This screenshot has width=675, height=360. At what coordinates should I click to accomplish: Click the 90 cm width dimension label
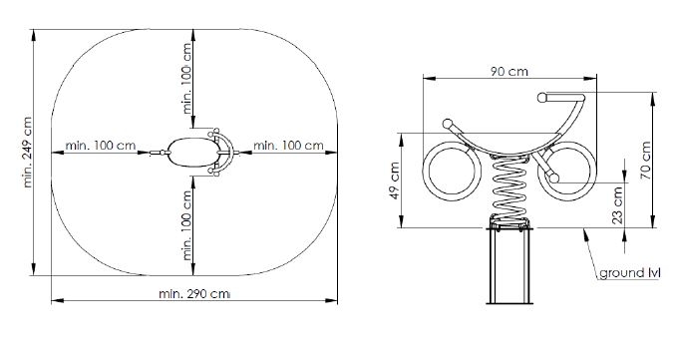[x=509, y=71]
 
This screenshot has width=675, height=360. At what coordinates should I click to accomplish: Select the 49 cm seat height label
[x=394, y=180]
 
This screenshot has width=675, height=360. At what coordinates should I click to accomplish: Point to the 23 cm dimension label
[x=617, y=204]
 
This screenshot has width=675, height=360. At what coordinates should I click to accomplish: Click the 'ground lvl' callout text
[x=629, y=273]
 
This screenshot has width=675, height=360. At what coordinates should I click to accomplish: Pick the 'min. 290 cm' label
[x=194, y=294]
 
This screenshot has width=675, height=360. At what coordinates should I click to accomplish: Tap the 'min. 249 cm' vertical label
[x=27, y=152]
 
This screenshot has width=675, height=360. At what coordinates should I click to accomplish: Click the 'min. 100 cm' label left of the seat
[x=101, y=146]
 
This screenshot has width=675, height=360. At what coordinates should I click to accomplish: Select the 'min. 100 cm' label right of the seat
[x=288, y=146]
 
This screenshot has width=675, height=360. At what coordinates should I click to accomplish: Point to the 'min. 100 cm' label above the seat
[x=186, y=78]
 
